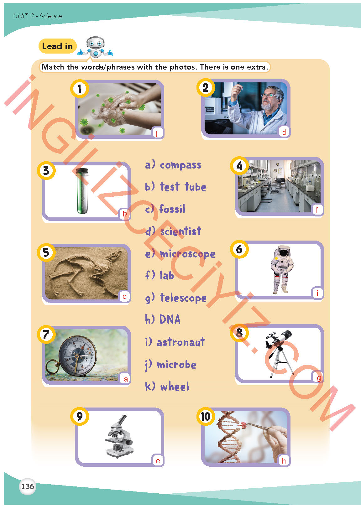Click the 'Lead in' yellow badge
point(58,46)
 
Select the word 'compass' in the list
point(180,165)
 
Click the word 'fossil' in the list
point(172,209)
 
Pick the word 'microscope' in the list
point(187,254)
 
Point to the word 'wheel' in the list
point(175,387)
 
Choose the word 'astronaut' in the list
point(181,342)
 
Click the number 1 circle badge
point(80,89)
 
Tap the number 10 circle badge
point(206,416)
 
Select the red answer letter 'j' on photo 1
point(157,132)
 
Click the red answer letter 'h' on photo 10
point(284,460)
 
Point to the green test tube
point(82,191)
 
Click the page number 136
point(28,486)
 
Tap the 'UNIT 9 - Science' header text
point(38,16)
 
